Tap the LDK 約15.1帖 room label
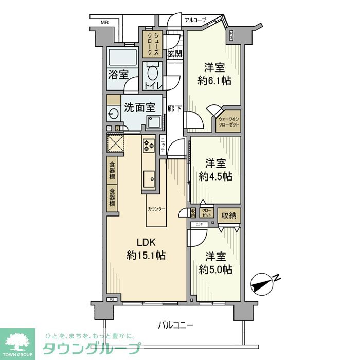(x=146, y=248)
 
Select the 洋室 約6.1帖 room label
(x=214, y=74)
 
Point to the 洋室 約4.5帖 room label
(x=215, y=170)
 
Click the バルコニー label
(x=176, y=325)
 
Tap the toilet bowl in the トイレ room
(x=151, y=73)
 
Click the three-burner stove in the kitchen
(x=149, y=145)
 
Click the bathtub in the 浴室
(x=122, y=57)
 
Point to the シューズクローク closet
(x=152, y=44)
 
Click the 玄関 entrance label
(x=174, y=53)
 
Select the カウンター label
(x=156, y=209)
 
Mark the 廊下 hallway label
(x=174, y=109)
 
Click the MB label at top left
(x=104, y=22)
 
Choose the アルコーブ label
(x=195, y=20)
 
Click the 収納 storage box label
(x=229, y=216)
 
